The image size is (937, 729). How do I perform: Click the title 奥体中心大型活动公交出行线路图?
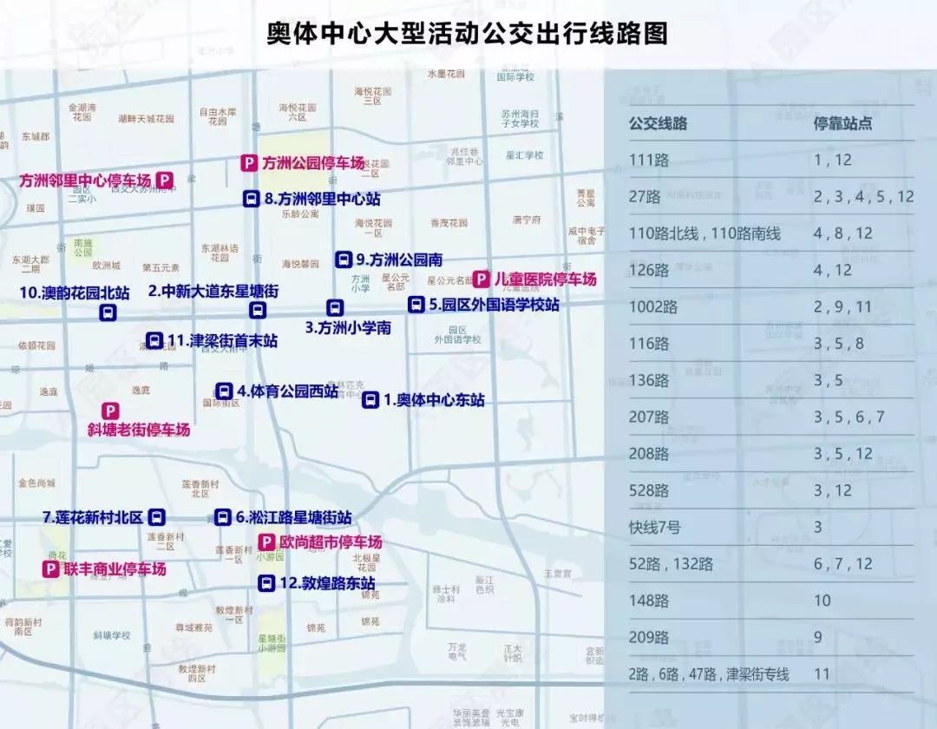[x=468, y=34]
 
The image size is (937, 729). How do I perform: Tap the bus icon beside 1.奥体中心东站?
[x=370, y=400]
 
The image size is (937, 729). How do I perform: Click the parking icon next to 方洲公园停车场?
[x=248, y=162]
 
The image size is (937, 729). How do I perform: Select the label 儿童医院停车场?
[x=546, y=279]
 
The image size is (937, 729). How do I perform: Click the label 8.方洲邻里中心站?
[x=322, y=199]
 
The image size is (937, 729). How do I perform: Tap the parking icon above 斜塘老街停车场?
[x=111, y=410]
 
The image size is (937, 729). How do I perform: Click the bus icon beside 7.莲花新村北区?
[x=156, y=517]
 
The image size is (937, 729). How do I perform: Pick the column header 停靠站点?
[x=842, y=123]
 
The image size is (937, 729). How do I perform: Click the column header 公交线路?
[x=658, y=123]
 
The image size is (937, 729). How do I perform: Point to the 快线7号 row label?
[x=655, y=527]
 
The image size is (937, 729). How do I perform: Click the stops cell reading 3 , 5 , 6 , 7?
[x=849, y=417]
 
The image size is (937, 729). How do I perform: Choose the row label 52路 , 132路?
[x=671, y=564]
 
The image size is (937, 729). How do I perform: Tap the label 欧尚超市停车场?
[x=330, y=542]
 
